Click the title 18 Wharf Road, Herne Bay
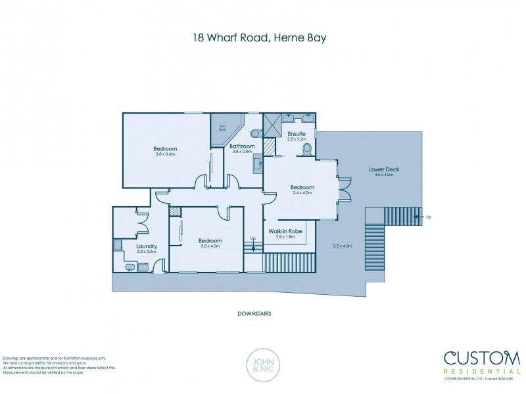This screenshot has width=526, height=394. (x=259, y=38)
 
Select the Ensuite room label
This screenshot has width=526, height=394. (x=297, y=134)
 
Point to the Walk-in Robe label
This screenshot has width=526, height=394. (x=285, y=232)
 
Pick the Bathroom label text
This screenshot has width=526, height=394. (x=243, y=146)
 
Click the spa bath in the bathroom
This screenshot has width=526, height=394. (x=222, y=129)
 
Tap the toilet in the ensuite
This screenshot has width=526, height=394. (x=306, y=150)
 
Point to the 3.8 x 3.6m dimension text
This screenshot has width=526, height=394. (x=166, y=154)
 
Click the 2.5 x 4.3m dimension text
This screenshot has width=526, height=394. (x=343, y=246)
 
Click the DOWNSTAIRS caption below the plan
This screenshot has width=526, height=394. (x=254, y=314)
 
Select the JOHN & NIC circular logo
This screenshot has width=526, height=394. (x=263, y=364)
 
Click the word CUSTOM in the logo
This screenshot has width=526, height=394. (x=482, y=358)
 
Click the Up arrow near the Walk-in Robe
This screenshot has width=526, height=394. (x=252, y=244)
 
